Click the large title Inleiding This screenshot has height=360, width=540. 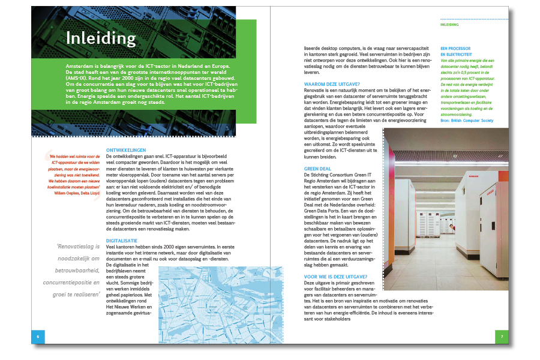pos(101,38)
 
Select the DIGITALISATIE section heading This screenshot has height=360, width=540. pos(122,239)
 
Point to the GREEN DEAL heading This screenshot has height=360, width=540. pos(318,169)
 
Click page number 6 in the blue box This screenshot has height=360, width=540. pos(38,337)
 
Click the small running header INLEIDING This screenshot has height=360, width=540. pos(450,25)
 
